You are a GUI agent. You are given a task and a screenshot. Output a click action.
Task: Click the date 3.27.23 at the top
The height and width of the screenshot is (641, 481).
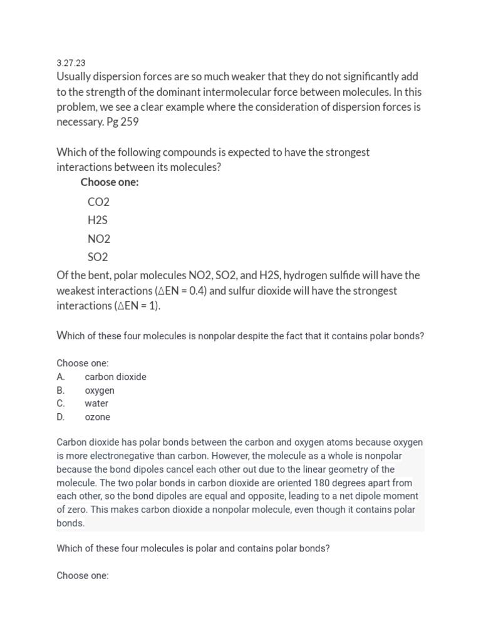[x=71, y=63]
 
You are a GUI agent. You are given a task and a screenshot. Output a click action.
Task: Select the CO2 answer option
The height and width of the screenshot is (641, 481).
[x=98, y=202]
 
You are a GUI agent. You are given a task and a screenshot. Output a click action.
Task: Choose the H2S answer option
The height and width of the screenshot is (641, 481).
[x=98, y=220]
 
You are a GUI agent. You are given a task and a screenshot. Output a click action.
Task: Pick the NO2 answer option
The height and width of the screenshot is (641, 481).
[x=98, y=238]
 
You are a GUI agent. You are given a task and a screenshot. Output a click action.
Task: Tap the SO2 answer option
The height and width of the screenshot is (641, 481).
[x=98, y=257]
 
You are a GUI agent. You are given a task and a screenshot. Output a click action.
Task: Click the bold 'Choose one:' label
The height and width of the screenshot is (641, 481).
[x=110, y=182]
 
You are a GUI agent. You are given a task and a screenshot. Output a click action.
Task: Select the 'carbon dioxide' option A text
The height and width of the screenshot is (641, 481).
[x=115, y=377]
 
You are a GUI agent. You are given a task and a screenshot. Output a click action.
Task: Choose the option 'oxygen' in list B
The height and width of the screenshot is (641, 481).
[x=100, y=391]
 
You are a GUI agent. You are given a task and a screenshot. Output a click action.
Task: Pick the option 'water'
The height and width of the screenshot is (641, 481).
[x=96, y=404]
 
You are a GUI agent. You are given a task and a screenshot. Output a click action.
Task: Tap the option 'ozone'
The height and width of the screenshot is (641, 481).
[x=97, y=417]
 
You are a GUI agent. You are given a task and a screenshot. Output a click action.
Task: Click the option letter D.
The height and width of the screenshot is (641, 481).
[x=61, y=417]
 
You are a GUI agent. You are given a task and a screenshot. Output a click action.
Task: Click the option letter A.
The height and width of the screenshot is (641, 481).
[x=61, y=377]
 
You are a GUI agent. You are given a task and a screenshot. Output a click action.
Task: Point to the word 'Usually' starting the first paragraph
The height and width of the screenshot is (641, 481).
[x=75, y=77]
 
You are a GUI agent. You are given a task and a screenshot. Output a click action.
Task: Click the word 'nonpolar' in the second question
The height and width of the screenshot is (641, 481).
[x=215, y=336]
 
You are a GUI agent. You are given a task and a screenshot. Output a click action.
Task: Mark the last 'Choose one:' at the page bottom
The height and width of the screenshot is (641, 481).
[x=82, y=575]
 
